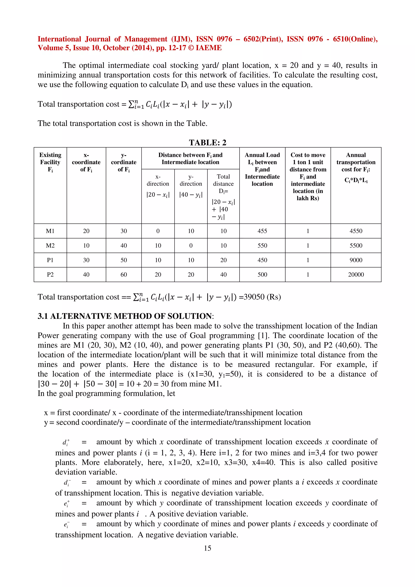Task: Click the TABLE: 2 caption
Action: tap(207, 142)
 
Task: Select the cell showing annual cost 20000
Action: tap(356, 275)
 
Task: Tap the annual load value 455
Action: tap(262, 231)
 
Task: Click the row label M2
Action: tap(50, 246)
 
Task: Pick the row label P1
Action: tap(50, 260)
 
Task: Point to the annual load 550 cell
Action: tap(262, 246)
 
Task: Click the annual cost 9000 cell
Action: tap(356, 260)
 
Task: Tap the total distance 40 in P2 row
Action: tap(223, 275)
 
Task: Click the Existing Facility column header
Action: tap(50, 162)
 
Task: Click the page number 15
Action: tap(207, 548)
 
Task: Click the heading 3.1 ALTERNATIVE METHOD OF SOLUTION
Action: tap(125, 316)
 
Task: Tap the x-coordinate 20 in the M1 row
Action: tap(86, 231)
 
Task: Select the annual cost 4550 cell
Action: tap(356, 231)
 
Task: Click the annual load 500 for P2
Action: tap(262, 275)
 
